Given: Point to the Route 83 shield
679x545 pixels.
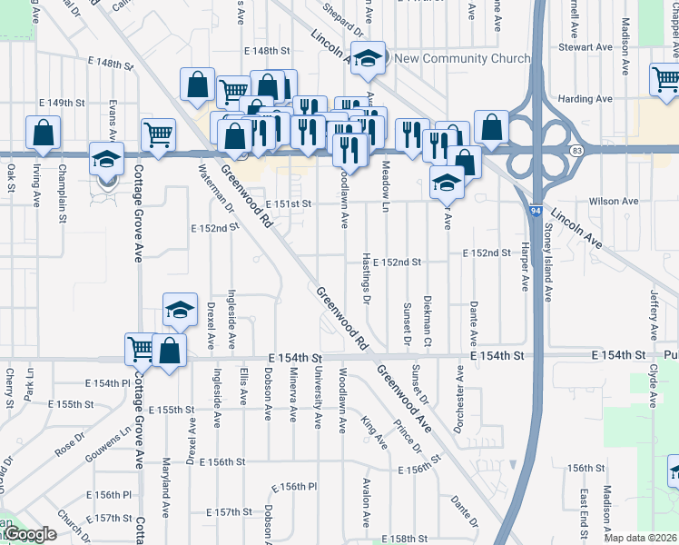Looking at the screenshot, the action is click(577, 148).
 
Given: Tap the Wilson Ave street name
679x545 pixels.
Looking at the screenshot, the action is click(614, 201).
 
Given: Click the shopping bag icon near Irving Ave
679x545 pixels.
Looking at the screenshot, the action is click(44, 134).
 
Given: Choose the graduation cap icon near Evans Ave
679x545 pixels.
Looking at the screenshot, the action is click(106, 158).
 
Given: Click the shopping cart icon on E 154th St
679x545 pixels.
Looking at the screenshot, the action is click(142, 349).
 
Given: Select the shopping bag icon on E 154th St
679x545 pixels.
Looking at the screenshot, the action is click(169, 351).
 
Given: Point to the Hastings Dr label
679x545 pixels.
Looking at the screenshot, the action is click(367, 278).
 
